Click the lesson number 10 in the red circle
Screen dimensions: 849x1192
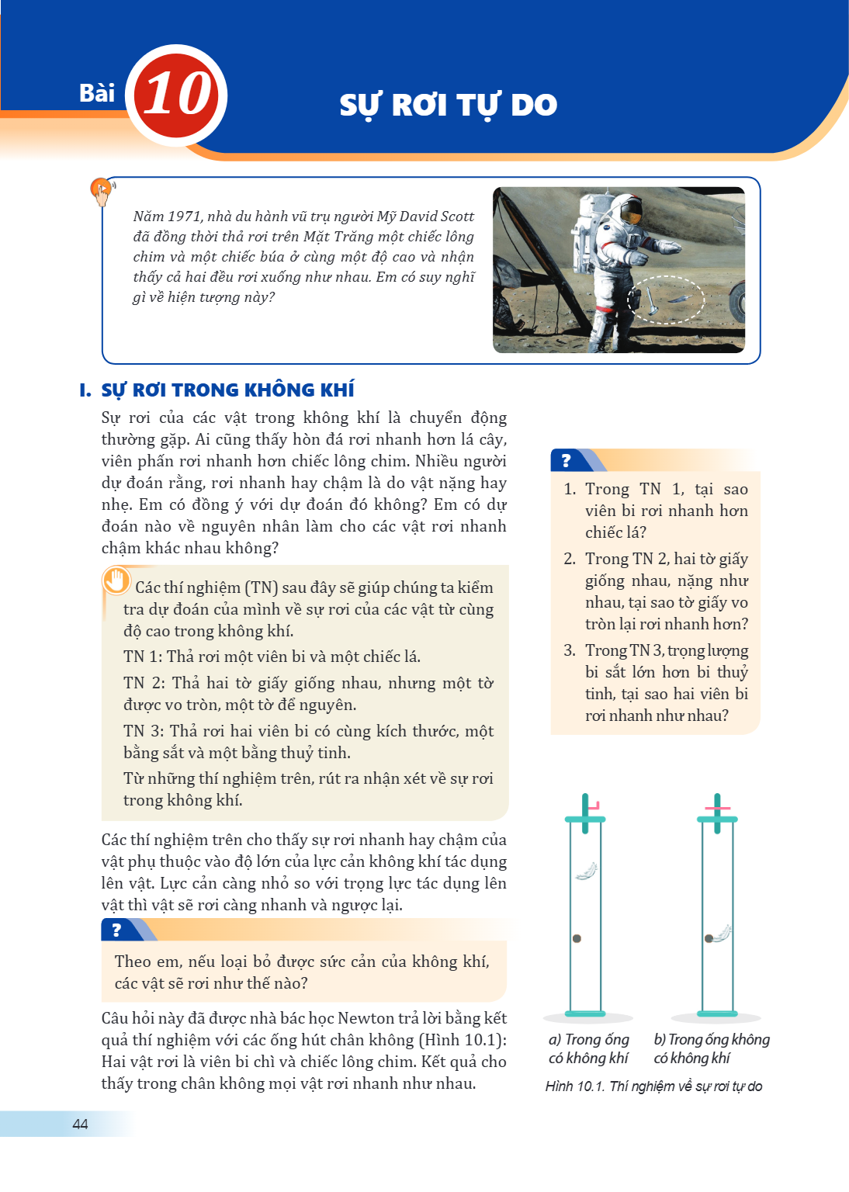[178, 94]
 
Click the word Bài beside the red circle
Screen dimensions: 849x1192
[97, 93]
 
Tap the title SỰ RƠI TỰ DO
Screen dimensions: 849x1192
[449, 106]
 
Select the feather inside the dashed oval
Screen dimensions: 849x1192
[680, 298]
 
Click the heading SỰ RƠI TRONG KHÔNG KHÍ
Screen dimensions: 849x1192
[228, 390]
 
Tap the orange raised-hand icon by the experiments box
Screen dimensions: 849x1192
[116, 580]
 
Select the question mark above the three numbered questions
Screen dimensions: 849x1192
[566, 460]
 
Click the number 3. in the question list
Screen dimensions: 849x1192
[570, 651]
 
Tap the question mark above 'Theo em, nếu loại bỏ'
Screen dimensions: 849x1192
[116, 930]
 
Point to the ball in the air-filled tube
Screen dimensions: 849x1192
[577, 939]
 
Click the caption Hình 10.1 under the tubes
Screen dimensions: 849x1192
[574, 1086]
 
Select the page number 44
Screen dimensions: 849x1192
[80, 1124]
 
